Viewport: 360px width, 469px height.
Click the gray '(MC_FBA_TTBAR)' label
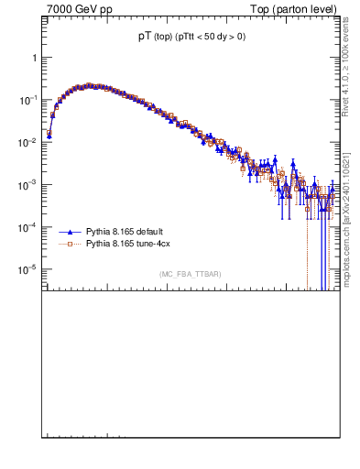pyautogui.click(x=190, y=275)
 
